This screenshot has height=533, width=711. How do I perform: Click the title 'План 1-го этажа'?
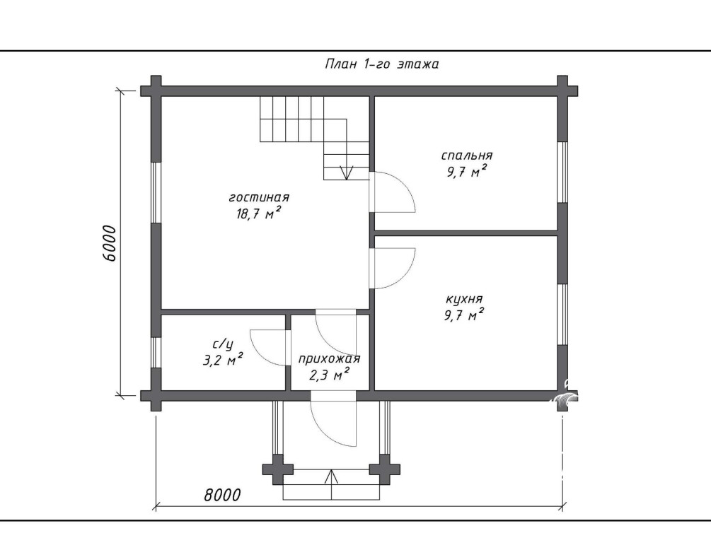coord(382,64)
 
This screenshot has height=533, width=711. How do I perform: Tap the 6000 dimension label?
coord(110,243)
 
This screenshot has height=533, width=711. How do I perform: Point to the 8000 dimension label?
coord(222,495)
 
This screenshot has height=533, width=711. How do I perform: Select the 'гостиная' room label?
coord(259,198)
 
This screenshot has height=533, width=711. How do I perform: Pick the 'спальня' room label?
coord(467,156)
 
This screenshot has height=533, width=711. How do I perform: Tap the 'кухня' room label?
coord(464,299)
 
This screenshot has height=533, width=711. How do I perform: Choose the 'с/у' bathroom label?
coord(223,345)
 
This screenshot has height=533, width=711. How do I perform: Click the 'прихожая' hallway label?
coord(329,359)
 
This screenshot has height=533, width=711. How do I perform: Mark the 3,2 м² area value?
coord(222,360)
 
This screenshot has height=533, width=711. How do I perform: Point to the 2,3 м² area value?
coord(329,375)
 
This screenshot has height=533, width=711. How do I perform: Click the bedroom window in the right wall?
coord(562,172)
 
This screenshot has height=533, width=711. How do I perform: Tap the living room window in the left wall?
coord(156,192)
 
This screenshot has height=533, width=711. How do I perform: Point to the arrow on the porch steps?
coord(332,484)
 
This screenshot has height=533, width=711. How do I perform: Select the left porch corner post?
coord(278,469)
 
